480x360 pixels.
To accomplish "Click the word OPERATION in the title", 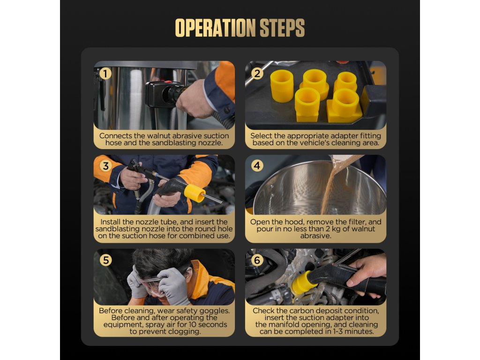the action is pyautogui.click(x=215, y=28).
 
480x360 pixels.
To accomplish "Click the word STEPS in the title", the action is pyautogui.click(x=282, y=28).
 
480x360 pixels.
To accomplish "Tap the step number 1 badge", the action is pyautogui.click(x=105, y=74).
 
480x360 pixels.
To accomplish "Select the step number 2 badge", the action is pyautogui.click(x=257, y=74).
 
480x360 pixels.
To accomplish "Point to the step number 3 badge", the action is pyautogui.click(x=105, y=166).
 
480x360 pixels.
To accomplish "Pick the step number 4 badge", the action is pyautogui.click(x=257, y=166).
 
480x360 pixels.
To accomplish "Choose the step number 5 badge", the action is pyautogui.click(x=105, y=260).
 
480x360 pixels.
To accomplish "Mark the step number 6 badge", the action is pyautogui.click(x=257, y=260).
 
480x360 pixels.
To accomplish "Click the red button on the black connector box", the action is pyautogui.click(x=168, y=82).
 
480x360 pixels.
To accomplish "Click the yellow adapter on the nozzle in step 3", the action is pyautogui.click(x=195, y=193).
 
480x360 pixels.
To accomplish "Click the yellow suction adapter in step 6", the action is pyautogui.click(x=301, y=283).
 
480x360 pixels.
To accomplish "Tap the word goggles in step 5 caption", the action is pyautogui.click(x=216, y=311).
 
